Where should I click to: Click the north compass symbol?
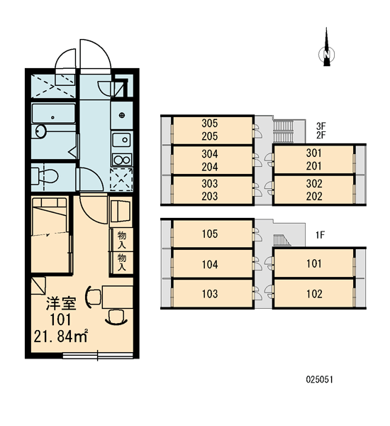pyautogui.click(x=326, y=49)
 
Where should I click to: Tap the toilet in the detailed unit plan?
pyautogui.click(x=45, y=176)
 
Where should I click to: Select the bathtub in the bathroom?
pyautogui.click(x=53, y=114)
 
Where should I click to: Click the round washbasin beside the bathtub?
pyautogui.click(x=40, y=132)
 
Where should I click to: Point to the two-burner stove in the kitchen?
pyautogui.click(x=121, y=160)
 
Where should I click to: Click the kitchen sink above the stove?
pyautogui.click(x=121, y=141)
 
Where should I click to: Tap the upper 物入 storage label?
pyautogui.click(x=121, y=240)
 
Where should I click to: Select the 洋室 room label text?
pyautogui.click(x=60, y=304)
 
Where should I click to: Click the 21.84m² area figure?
pyautogui.click(x=61, y=336)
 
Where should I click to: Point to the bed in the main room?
pyautogui.click(x=50, y=235)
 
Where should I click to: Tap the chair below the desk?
pyautogui.click(x=116, y=317)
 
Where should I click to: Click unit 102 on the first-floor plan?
pyautogui.click(x=314, y=294)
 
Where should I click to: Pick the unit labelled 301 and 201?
pyautogui.click(x=314, y=160)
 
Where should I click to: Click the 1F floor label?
pyautogui.click(x=321, y=235)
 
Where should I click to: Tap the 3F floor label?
pyautogui.click(x=321, y=126)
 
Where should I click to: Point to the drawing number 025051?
pyautogui.click(x=319, y=379)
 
